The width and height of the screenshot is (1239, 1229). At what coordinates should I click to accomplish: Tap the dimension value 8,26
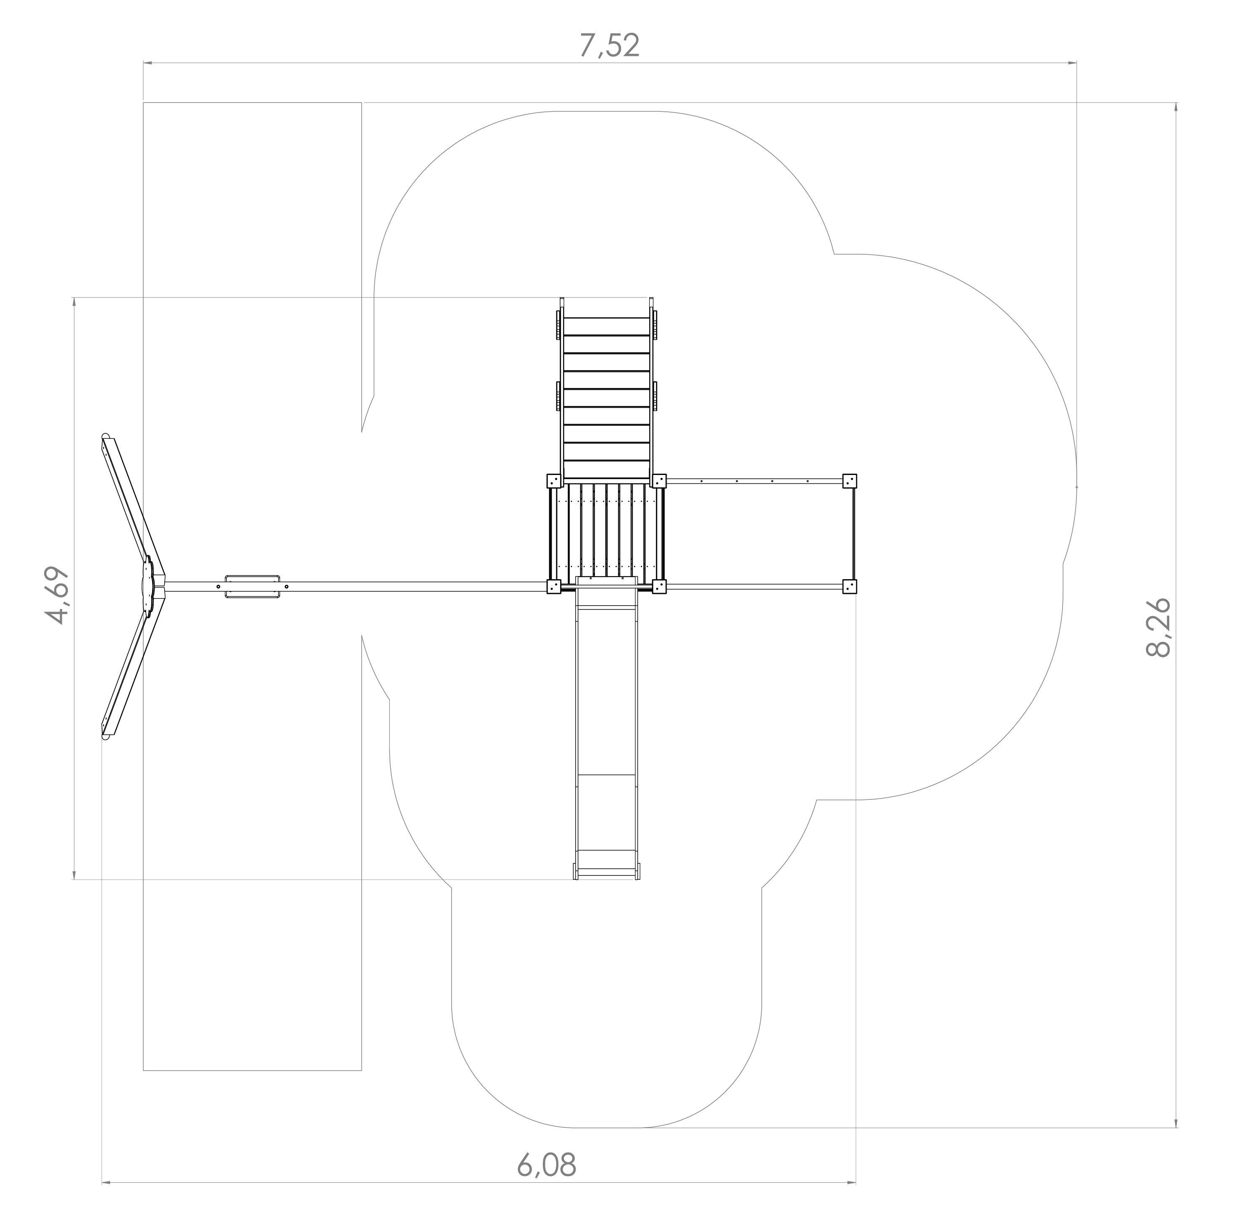click(x=1158, y=628)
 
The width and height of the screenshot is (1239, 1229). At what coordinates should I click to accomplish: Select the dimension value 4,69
click(x=56, y=595)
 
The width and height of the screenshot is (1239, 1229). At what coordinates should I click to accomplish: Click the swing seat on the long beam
click(x=252, y=587)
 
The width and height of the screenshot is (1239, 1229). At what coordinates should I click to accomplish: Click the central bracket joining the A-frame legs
click(x=147, y=587)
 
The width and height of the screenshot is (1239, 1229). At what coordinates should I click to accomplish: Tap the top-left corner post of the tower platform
click(x=553, y=481)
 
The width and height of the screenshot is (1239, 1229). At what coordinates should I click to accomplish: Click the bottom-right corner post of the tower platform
click(x=659, y=586)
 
